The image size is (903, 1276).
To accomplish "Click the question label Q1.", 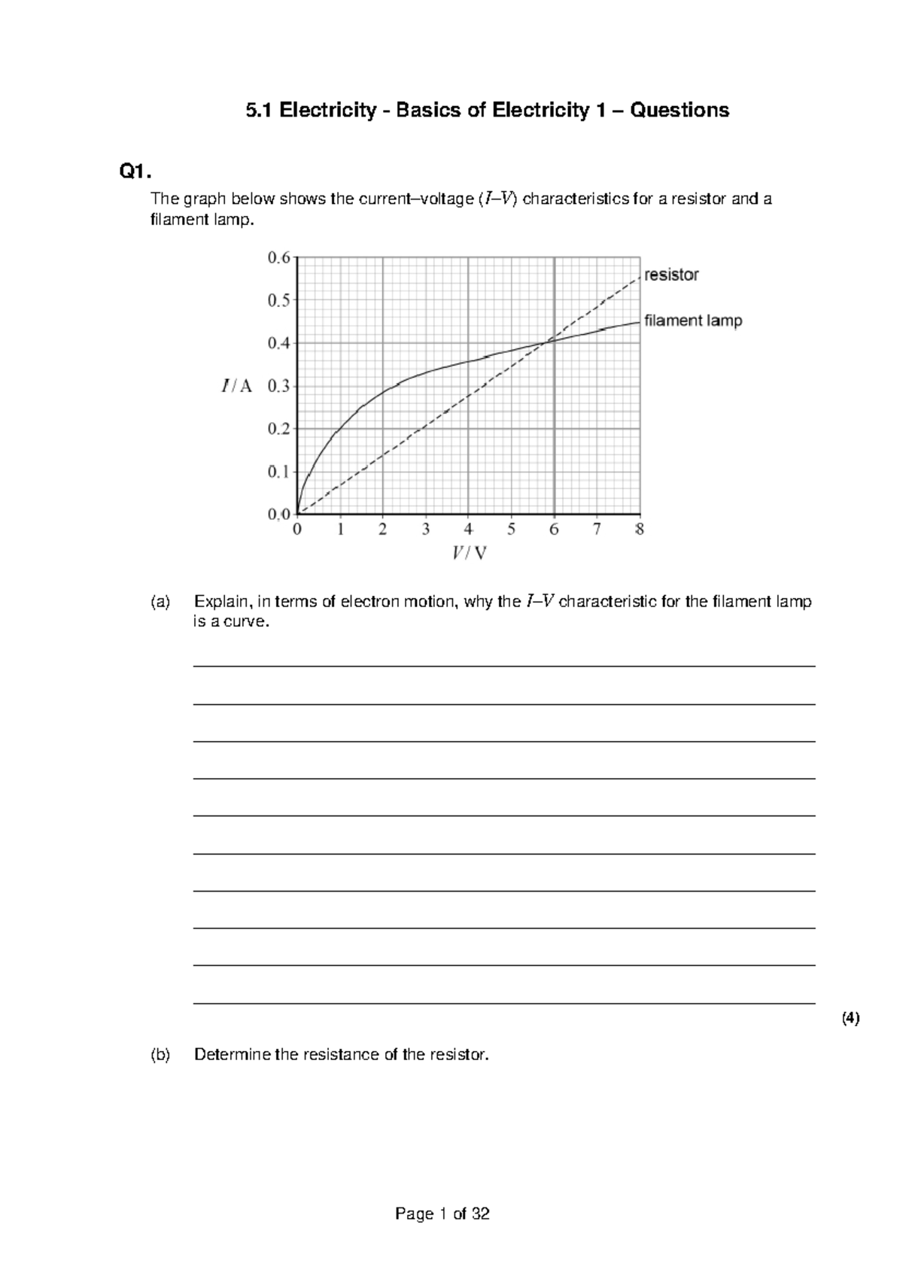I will tap(135, 172).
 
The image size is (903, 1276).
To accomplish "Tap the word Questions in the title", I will tap(680, 111).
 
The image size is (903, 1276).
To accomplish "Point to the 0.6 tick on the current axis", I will tap(278, 257).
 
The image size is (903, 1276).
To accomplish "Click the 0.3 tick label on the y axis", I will tap(278, 386).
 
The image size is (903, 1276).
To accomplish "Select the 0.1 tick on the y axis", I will tap(278, 472).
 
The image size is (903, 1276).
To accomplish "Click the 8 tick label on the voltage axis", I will tap(640, 530).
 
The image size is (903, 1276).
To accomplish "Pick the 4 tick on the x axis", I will tap(469, 530).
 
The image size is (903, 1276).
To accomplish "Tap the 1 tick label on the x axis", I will tap(340, 530).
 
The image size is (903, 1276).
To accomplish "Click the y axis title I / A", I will tap(237, 386).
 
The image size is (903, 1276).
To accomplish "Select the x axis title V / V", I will tap(469, 554).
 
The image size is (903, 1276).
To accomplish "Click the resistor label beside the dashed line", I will tap(671, 275).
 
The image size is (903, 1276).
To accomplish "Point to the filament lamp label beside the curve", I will tap(693, 321).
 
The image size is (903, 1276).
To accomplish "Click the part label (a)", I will tap(160, 602).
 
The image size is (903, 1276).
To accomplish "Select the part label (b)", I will tap(160, 1055).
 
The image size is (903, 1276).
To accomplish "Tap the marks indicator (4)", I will tap(850, 1019).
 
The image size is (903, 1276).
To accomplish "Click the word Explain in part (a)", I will tap(222, 602).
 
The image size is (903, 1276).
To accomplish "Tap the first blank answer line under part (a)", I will tap(504, 666).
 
